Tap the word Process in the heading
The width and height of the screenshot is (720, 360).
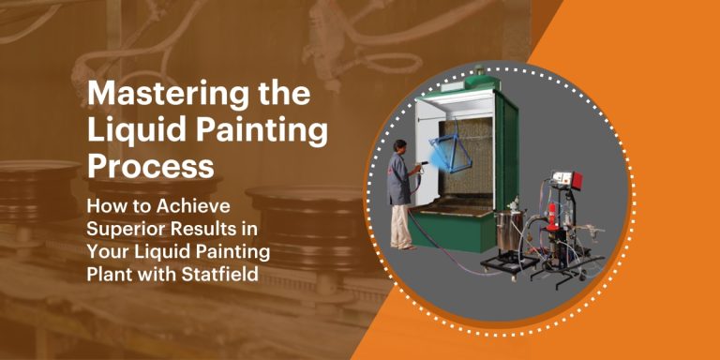pyautogui.click(x=150, y=166)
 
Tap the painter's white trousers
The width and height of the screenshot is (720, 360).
pyautogui.click(x=400, y=225)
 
